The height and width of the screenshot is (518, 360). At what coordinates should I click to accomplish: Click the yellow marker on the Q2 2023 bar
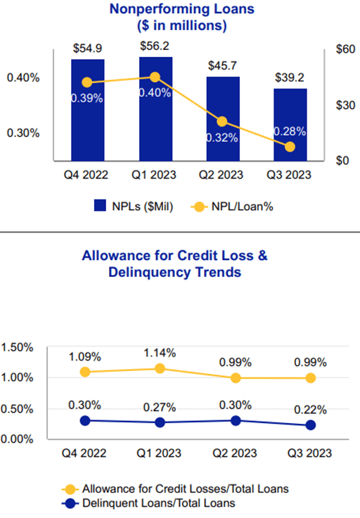click(x=222, y=122)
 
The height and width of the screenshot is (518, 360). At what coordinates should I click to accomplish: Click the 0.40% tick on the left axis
click(x=23, y=77)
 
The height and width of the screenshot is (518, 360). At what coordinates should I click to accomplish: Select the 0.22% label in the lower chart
click(x=310, y=408)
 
